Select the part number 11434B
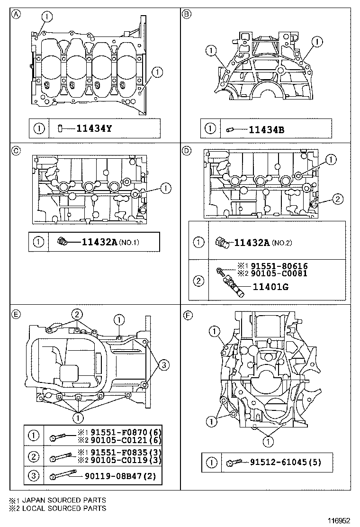tap(267, 128)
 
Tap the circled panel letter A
tap(17, 14)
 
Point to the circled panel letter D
tap(187, 151)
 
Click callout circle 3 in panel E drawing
tap(162, 364)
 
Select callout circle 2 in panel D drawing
tap(337, 200)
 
